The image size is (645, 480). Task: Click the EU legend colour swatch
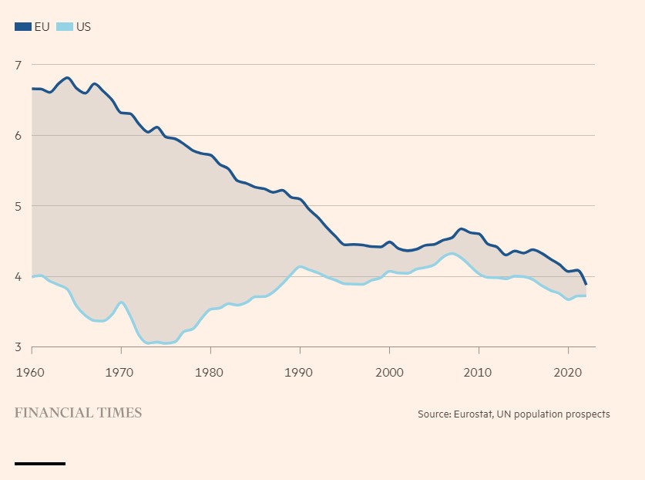tap(23, 27)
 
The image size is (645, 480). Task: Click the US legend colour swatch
tap(65, 27)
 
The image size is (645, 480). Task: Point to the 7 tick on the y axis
tap(18, 65)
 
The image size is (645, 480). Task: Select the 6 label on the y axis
tap(18, 136)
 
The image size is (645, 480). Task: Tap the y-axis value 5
tap(18, 206)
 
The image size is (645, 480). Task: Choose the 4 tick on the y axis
tap(18, 277)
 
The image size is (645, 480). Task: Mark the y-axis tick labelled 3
tap(18, 347)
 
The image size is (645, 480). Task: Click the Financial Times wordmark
tap(78, 413)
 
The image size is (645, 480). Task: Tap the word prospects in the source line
tap(586, 414)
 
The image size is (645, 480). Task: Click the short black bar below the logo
tap(40, 464)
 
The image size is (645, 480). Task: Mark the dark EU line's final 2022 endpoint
tap(586, 284)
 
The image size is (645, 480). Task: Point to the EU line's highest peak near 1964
tap(68, 78)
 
